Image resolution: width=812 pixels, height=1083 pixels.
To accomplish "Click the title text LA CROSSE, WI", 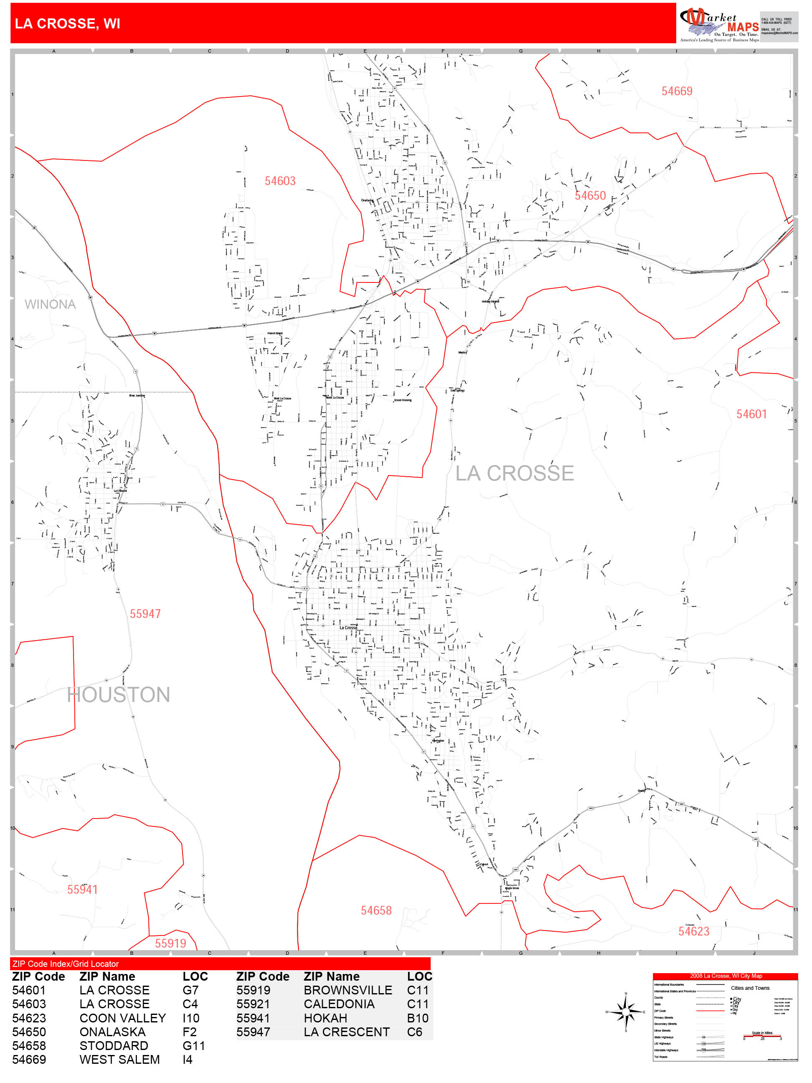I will (x=68, y=23).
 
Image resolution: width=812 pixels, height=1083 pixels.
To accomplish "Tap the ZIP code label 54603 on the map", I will (x=280, y=181).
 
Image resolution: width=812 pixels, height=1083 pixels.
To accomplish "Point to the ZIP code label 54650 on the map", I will (x=590, y=196).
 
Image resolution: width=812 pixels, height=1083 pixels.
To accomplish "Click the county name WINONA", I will (x=50, y=305).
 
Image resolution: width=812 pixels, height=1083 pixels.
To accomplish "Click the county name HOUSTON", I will (x=119, y=695).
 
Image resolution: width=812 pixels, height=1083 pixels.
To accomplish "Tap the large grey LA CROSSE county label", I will (x=515, y=473).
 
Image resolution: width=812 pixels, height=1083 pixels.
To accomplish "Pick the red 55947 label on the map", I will (x=145, y=614).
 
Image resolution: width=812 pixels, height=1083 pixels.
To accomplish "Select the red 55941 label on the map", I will (x=82, y=890).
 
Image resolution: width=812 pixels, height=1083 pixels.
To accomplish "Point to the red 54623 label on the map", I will (x=693, y=931).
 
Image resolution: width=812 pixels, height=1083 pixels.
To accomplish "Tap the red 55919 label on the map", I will (x=170, y=943).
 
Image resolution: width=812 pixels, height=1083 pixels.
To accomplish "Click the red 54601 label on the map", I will (x=751, y=414).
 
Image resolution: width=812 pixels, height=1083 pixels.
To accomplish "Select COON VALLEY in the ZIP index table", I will (x=122, y=1018).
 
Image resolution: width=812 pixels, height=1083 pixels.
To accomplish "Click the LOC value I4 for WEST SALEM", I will (x=188, y=1060).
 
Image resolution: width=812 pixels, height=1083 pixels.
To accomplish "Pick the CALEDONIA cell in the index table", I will (x=339, y=1004).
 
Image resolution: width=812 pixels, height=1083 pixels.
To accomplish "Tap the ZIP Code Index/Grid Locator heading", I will (x=66, y=964).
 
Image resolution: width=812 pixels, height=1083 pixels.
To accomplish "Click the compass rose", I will (x=626, y=1012).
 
